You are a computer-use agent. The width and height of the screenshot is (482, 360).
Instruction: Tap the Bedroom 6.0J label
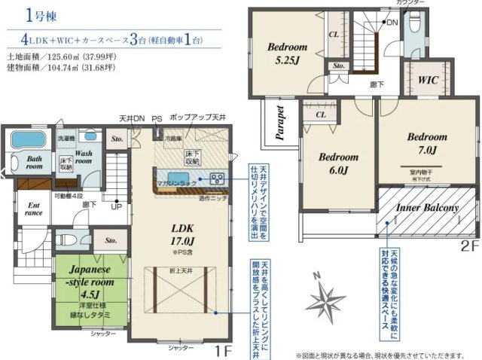pos(337,163)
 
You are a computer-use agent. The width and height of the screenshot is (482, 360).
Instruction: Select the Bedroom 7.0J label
pos(427,143)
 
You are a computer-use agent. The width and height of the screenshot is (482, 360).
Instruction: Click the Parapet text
pos(279,124)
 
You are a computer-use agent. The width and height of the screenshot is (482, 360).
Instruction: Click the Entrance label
pos(35,209)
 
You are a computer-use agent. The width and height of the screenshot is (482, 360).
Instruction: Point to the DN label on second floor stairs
pos(392,23)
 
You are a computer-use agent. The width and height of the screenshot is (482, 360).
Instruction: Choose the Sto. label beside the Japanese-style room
pos(111,240)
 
